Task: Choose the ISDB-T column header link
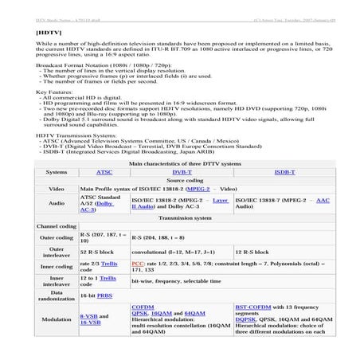(x=284, y=171)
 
